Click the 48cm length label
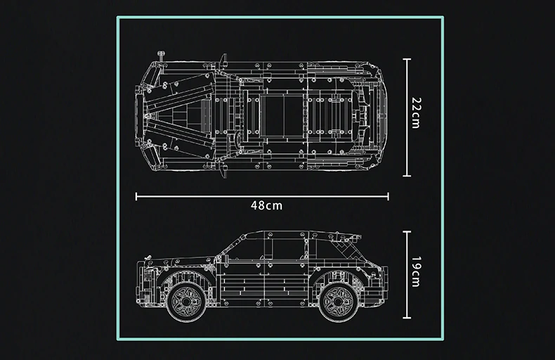(x=266, y=205)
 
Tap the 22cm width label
(x=416, y=112)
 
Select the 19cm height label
(x=416, y=272)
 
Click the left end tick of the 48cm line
(x=136, y=196)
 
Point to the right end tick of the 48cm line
(x=388, y=196)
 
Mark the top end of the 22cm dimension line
(x=407, y=60)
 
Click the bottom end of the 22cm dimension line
(x=407, y=175)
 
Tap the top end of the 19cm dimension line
(x=407, y=232)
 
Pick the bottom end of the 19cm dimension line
(x=407, y=318)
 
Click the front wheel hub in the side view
(x=186, y=302)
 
